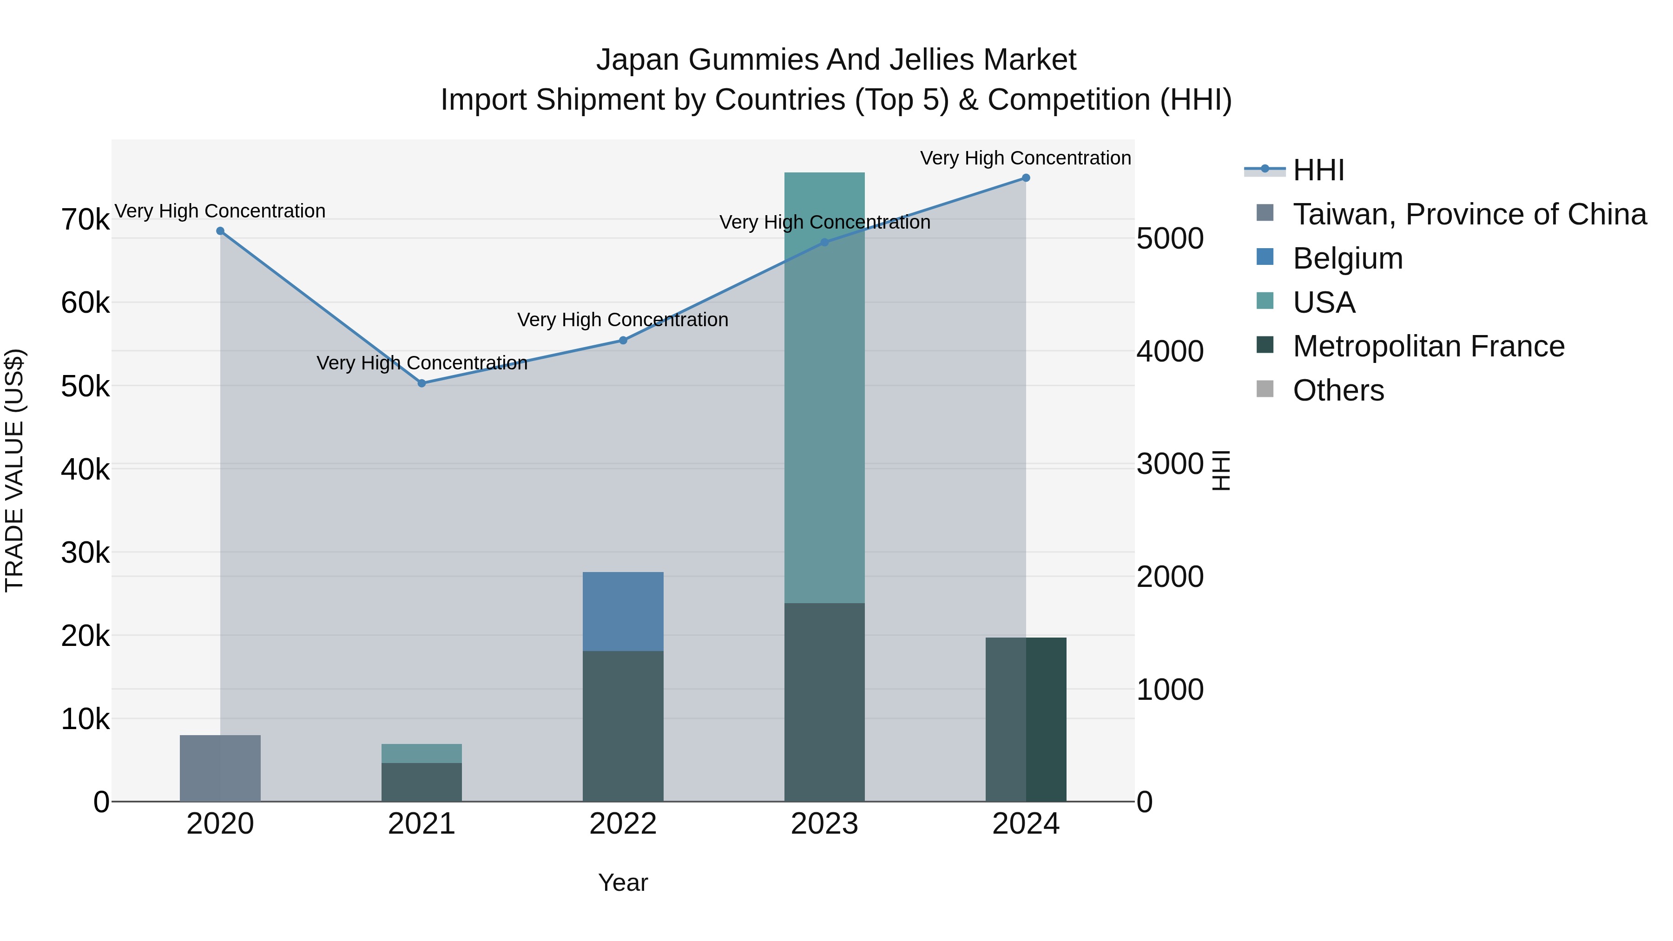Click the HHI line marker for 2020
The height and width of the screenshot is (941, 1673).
tap(220, 231)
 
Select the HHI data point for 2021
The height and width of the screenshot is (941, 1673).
tap(422, 383)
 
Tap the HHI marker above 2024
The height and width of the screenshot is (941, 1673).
tap(1026, 178)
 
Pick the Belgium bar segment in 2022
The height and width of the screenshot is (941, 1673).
tap(623, 611)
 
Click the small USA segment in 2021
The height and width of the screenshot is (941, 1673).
tap(422, 753)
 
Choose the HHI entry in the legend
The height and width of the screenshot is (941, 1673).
tap(1318, 170)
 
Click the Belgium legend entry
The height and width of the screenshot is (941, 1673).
tap(1348, 258)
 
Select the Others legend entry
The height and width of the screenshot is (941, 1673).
tap(1338, 390)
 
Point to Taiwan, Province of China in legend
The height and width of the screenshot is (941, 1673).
tap(1469, 214)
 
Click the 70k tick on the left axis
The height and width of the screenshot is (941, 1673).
tap(85, 219)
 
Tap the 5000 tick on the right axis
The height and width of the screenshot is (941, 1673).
tap(1170, 238)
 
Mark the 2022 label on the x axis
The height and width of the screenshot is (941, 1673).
tap(623, 824)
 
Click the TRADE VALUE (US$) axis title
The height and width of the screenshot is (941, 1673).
tap(14, 470)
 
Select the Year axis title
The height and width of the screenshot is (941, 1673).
tap(623, 882)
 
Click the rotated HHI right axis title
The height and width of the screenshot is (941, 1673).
tap(1221, 470)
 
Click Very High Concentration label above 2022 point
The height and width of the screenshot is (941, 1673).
tap(623, 320)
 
